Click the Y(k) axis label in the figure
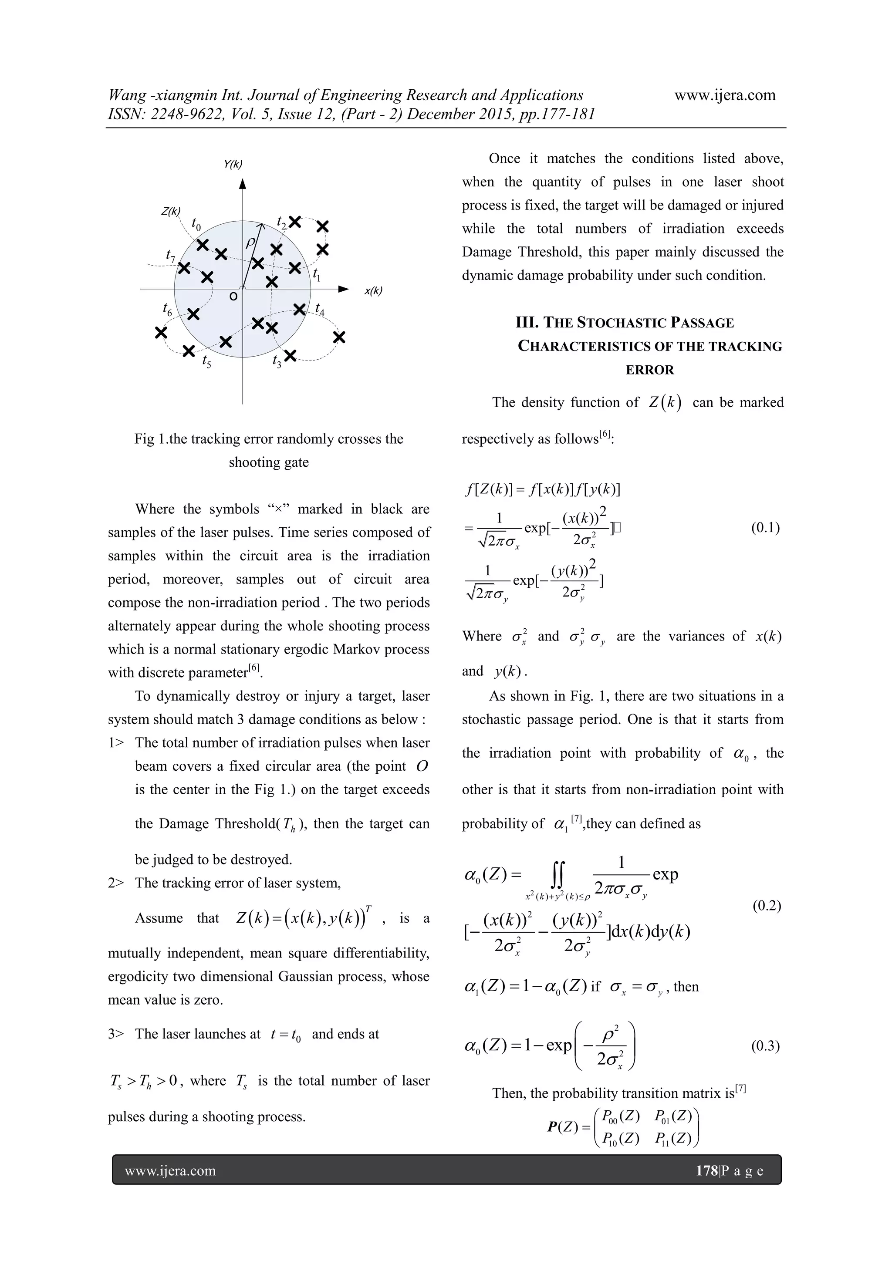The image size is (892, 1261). click(x=233, y=164)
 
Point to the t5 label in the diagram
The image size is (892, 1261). click(x=206, y=361)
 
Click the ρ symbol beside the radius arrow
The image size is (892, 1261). click(x=250, y=242)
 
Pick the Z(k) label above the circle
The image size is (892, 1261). click(x=171, y=212)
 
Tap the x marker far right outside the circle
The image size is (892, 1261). click(x=339, y=337)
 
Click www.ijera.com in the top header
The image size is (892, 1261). click(x=724, y=95)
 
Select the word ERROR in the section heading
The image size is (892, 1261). click(x=650, y=370)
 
